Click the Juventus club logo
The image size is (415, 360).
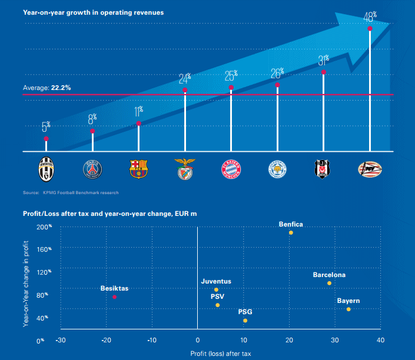(46, 169)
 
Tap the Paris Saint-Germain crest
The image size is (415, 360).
(92, 169)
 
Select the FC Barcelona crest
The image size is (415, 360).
(139, 169)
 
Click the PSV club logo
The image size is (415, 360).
(370, 169)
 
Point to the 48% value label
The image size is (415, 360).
(370, 16)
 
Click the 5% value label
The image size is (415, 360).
(46, 126)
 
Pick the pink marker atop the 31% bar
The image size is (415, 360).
(323, 72)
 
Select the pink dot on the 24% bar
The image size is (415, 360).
(185, 90)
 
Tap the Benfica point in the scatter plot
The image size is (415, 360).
(291, 232)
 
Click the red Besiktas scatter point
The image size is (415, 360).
(114, 296)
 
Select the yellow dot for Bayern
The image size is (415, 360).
(348, 309)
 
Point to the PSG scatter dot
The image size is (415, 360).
(245, 320)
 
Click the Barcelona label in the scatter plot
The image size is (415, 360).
(329, 275)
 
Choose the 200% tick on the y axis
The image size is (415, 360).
(45, 226)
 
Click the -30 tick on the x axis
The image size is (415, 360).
(60, 340)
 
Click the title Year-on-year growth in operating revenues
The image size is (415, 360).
(85, 12)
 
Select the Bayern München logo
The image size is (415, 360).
(231, 169)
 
